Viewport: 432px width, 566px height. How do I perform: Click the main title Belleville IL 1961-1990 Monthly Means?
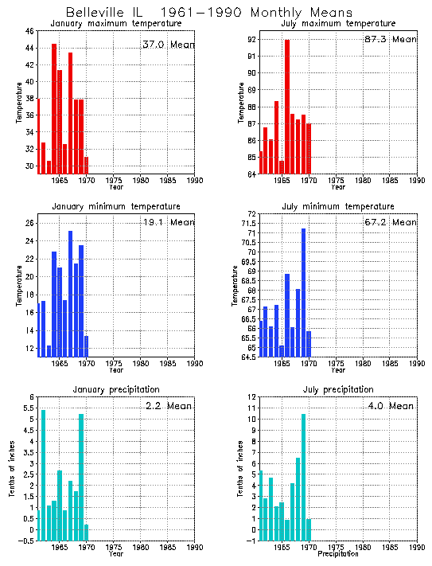pos(208,13)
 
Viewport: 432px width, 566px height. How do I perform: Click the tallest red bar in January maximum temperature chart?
pos(54,108)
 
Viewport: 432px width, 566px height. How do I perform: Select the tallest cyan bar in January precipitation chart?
pos(43,474)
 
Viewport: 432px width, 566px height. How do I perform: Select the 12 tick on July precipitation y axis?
pos(251,397)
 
